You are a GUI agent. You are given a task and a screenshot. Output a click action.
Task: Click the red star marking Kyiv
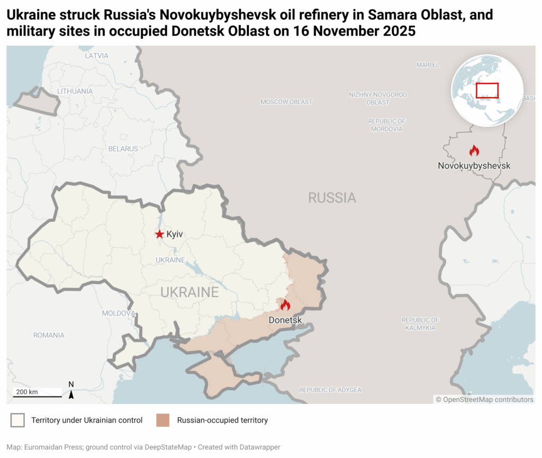tap(159, 234)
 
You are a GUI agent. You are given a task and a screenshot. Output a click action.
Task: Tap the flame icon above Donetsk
tap(285, 305)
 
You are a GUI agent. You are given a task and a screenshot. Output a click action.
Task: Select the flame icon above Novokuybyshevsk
tap(474, 151)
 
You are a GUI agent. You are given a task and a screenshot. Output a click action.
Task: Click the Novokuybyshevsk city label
tap(474, 166)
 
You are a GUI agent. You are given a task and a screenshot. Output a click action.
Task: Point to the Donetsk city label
tap(285, 320)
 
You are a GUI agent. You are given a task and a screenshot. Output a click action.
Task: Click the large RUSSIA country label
tap(332, 198)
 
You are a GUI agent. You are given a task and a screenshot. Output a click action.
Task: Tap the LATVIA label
tap(96, 56)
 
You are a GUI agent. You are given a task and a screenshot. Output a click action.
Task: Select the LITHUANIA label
tap(75, 91)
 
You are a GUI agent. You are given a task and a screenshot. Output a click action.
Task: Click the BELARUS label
tap(123, 149)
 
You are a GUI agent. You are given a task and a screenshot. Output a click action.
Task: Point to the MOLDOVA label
tap(119, 313)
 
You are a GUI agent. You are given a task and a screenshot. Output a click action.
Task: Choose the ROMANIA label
tap(49, 335)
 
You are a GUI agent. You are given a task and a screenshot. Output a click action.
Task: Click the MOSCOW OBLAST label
tap(286, 102)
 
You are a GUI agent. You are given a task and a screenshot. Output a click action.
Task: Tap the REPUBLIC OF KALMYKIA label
tap(420, 324)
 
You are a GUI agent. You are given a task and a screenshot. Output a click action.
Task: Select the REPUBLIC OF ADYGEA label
tap(330, 390)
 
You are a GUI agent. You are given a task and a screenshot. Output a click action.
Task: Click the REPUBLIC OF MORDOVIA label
tap(386, 125)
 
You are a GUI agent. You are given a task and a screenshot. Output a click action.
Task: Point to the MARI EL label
tap(428, 65)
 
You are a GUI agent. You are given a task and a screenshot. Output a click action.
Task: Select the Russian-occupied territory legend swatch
tap(162, 420)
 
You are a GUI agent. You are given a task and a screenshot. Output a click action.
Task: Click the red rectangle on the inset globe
tap(487, 90)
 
